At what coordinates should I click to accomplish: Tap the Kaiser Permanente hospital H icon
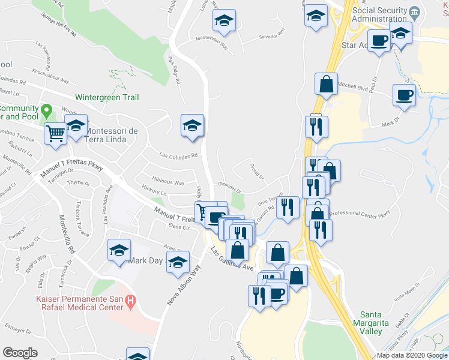point(133,299)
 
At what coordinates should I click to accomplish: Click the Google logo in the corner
point(20,353)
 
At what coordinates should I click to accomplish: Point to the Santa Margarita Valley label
point(379,323)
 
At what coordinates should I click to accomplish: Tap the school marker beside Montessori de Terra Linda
point(76,127)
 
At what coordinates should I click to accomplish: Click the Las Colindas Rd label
point(178,155)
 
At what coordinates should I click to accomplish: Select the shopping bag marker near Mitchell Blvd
point(326,85)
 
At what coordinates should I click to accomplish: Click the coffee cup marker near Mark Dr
point(404,95)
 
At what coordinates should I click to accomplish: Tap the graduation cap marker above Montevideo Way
point(224,21)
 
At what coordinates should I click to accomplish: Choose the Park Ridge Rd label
point(174,70)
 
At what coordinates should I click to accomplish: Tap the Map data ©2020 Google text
point(412,355)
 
